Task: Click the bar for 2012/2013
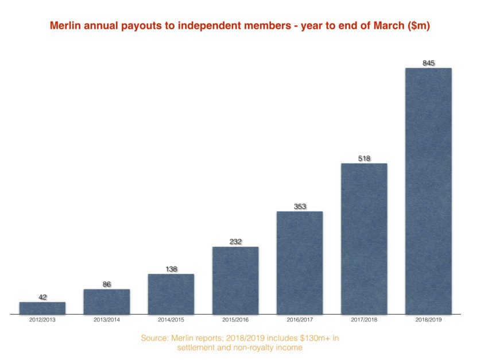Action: point(42,308)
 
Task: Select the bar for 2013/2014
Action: point(107,302)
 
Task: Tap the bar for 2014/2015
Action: point(171,294)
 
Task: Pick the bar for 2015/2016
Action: point(235,281)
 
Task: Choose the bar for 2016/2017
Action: point(300,263)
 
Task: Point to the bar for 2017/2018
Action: point(364,239)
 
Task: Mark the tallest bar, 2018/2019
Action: point(428,191)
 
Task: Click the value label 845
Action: point(428,63)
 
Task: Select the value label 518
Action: point(364,158)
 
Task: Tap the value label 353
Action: point(300,207)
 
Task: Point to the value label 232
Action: point(235,242)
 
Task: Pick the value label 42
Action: point(42,297)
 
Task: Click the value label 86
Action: point(107,284)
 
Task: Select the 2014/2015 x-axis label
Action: point(171,319)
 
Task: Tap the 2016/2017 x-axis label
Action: point(300,319)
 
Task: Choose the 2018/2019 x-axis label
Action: point(428,319)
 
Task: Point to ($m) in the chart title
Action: point(418,26)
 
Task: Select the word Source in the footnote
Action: point(154,338)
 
